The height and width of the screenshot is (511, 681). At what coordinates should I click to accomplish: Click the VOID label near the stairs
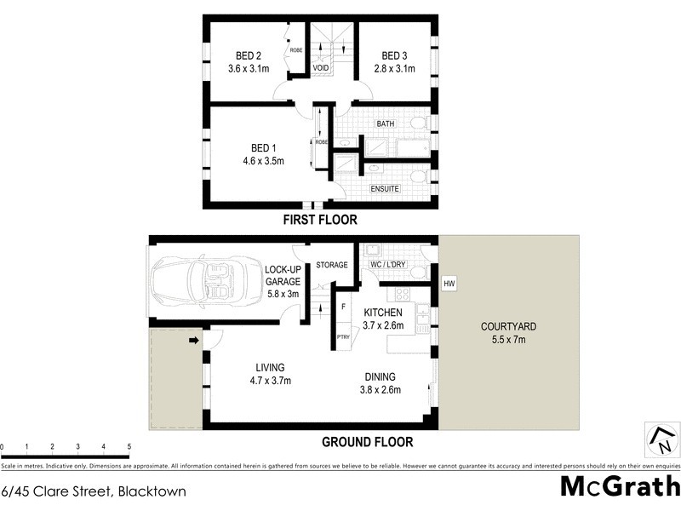coord(321,67)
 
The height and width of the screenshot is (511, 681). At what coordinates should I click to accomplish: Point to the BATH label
coord(386,123)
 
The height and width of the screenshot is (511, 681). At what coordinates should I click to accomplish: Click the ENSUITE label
coord(385,188)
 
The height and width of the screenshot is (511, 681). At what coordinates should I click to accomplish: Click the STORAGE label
coord(332,265)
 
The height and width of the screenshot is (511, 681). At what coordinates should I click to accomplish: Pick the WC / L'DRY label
coord(389,265)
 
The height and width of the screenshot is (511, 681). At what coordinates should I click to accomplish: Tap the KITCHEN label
coord(383,313)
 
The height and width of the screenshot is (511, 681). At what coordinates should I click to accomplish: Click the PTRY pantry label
coord(343,337)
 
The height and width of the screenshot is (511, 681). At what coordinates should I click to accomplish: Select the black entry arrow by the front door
coord(194,341)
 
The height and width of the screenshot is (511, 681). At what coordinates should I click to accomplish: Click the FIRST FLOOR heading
coord(320,220)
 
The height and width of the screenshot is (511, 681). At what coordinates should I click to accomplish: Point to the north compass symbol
coord(661,439)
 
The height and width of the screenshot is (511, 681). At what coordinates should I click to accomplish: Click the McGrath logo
coord(619,486)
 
